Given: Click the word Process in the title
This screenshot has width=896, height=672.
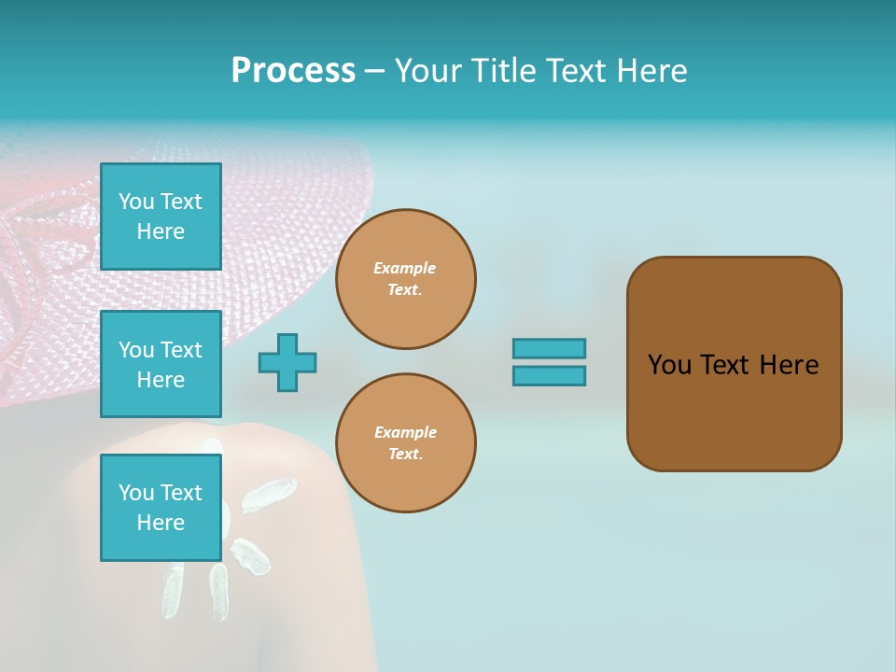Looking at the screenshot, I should coord(293,71).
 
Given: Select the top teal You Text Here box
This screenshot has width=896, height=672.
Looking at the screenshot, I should coord(161,217).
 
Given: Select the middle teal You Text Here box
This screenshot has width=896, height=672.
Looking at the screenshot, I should coord(161,364).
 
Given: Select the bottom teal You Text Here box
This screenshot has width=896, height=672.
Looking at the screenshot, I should coord(161,508).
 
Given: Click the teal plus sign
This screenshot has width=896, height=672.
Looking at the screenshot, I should coord(287,362).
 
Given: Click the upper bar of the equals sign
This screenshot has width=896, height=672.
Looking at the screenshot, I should coord(549,348).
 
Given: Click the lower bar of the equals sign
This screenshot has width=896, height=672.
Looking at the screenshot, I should coord(549,376).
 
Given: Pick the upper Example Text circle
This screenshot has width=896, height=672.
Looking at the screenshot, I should coord(406,279).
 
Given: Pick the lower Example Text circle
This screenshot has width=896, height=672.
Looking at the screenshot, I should coord(406,443).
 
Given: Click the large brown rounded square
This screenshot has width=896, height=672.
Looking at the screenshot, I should coord(734,411).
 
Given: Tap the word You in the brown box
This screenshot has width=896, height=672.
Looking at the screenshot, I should coord(668,365).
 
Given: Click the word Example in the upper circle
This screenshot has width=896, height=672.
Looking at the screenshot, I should coord(405,268).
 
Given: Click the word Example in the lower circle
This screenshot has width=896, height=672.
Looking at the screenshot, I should coord(405,432).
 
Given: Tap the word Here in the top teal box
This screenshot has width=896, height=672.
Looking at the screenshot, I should coord(161,231).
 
